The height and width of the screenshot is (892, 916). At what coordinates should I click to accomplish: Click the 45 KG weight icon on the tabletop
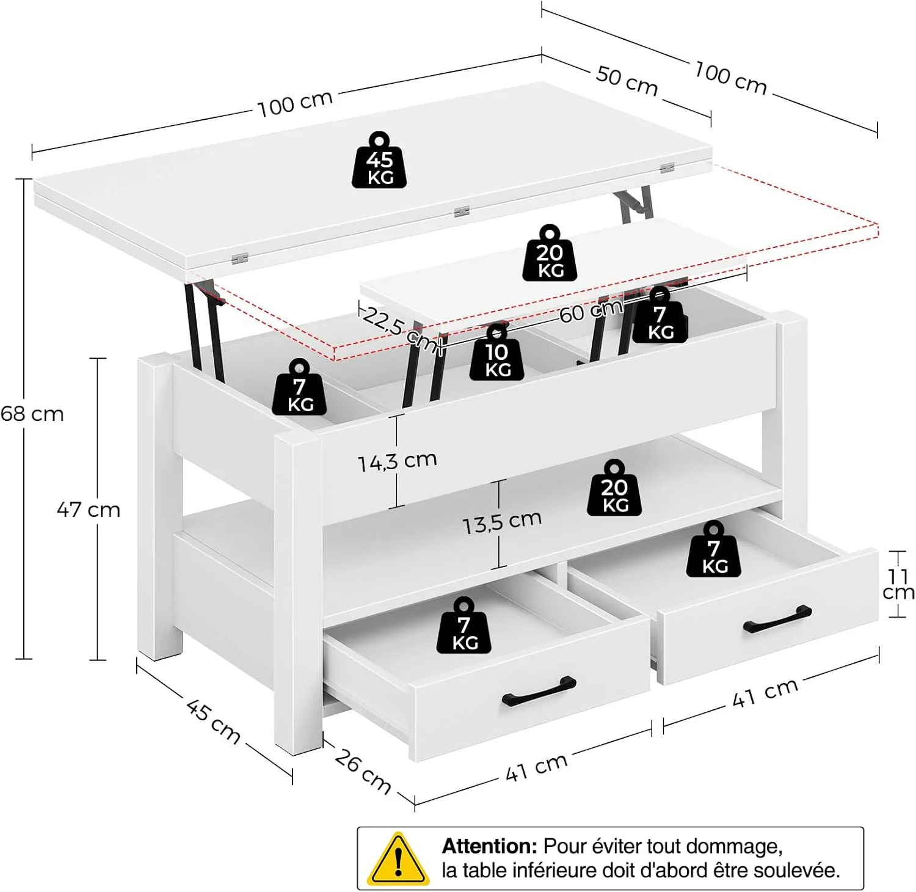click(379, 160)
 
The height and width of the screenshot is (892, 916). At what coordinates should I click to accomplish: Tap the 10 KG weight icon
click(497, 353)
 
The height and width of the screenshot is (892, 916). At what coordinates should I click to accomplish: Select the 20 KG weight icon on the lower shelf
click(614, 488)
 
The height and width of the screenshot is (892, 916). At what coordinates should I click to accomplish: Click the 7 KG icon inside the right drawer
click(713, 549)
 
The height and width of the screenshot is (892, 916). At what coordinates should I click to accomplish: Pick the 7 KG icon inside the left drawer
click(464, 626)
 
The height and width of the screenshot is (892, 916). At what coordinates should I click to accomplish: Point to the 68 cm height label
click(32, 414)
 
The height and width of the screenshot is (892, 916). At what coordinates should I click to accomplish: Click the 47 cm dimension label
click(89, 510)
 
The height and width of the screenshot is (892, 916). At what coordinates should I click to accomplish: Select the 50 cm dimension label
click(627, 81)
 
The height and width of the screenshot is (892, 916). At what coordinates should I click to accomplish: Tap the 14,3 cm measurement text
click(398, 461)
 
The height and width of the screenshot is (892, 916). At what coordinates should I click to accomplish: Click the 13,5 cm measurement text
click(502, 521)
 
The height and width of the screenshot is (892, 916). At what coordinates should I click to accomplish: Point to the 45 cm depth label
click(213, 722)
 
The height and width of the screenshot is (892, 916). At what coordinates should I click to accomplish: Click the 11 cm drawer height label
click(898, 584)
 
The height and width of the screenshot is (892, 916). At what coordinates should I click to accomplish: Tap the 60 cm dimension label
click(591, 312)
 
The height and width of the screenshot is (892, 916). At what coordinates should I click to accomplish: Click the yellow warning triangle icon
click(397, 858)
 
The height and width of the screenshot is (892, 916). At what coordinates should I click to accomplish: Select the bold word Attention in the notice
click(489, 846)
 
